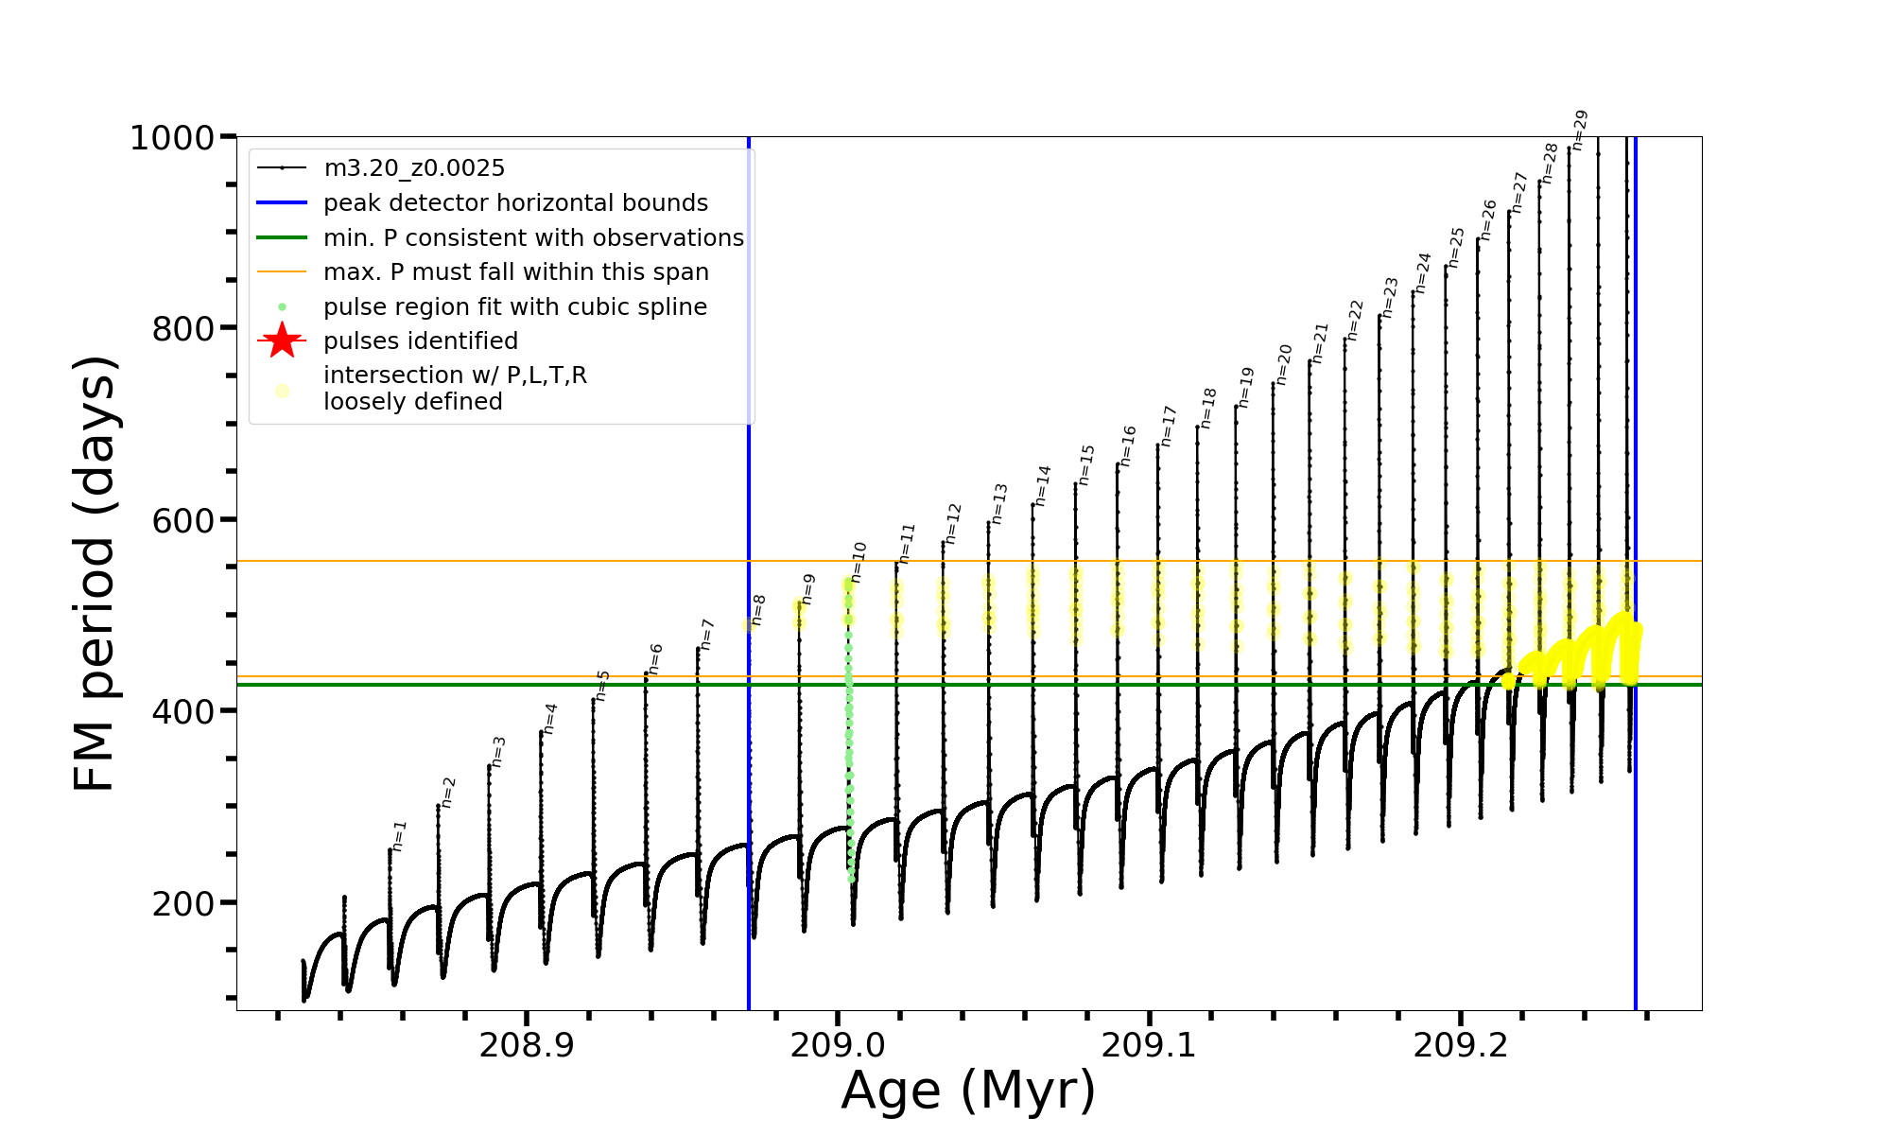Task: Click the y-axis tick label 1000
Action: pyautogui.click(x=172, y=138)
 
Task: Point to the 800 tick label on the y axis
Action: pyautogui.click(x=182, y=329)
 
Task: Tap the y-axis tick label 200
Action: pyautogui.click(x=182, y=903)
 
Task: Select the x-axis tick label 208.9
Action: pyautogui.click(x=527, y=1046)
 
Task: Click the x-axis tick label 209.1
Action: pyautogui.click(x=1149, y=1046)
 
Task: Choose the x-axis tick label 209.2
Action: pyautogui.click(x=1460, y=1046)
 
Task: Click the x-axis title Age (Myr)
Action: pyautogui.click(x=968, y=1091)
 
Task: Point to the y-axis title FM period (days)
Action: pyautogui.click(x=95, y=573)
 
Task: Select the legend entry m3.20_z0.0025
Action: pyautogui.click(x=414, y=168)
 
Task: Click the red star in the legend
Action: pyautogui.click(x=282, y=340)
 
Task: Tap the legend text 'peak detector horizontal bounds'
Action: pyautogui.click(x=515, y=203)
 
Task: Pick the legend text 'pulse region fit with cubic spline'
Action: pyautogui.click(x=515, y=307)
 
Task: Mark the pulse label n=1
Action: pyautogui.click(x=399, y=836)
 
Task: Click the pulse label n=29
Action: pyautogui.click(x=1580, y=131)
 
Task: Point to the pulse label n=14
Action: pyautogui.click(x=1043, y=485)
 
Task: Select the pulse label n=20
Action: pyautogui.click(x=1283, y=364)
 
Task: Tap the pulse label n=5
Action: pyautogui.click(x=602, y=686)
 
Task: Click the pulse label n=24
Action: pyautogui.click(x=1423, y=272)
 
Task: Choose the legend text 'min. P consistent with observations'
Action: pyautogui.click(x=533, y=238)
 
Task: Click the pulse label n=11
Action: pyautogui.click(x=908, y=543)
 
